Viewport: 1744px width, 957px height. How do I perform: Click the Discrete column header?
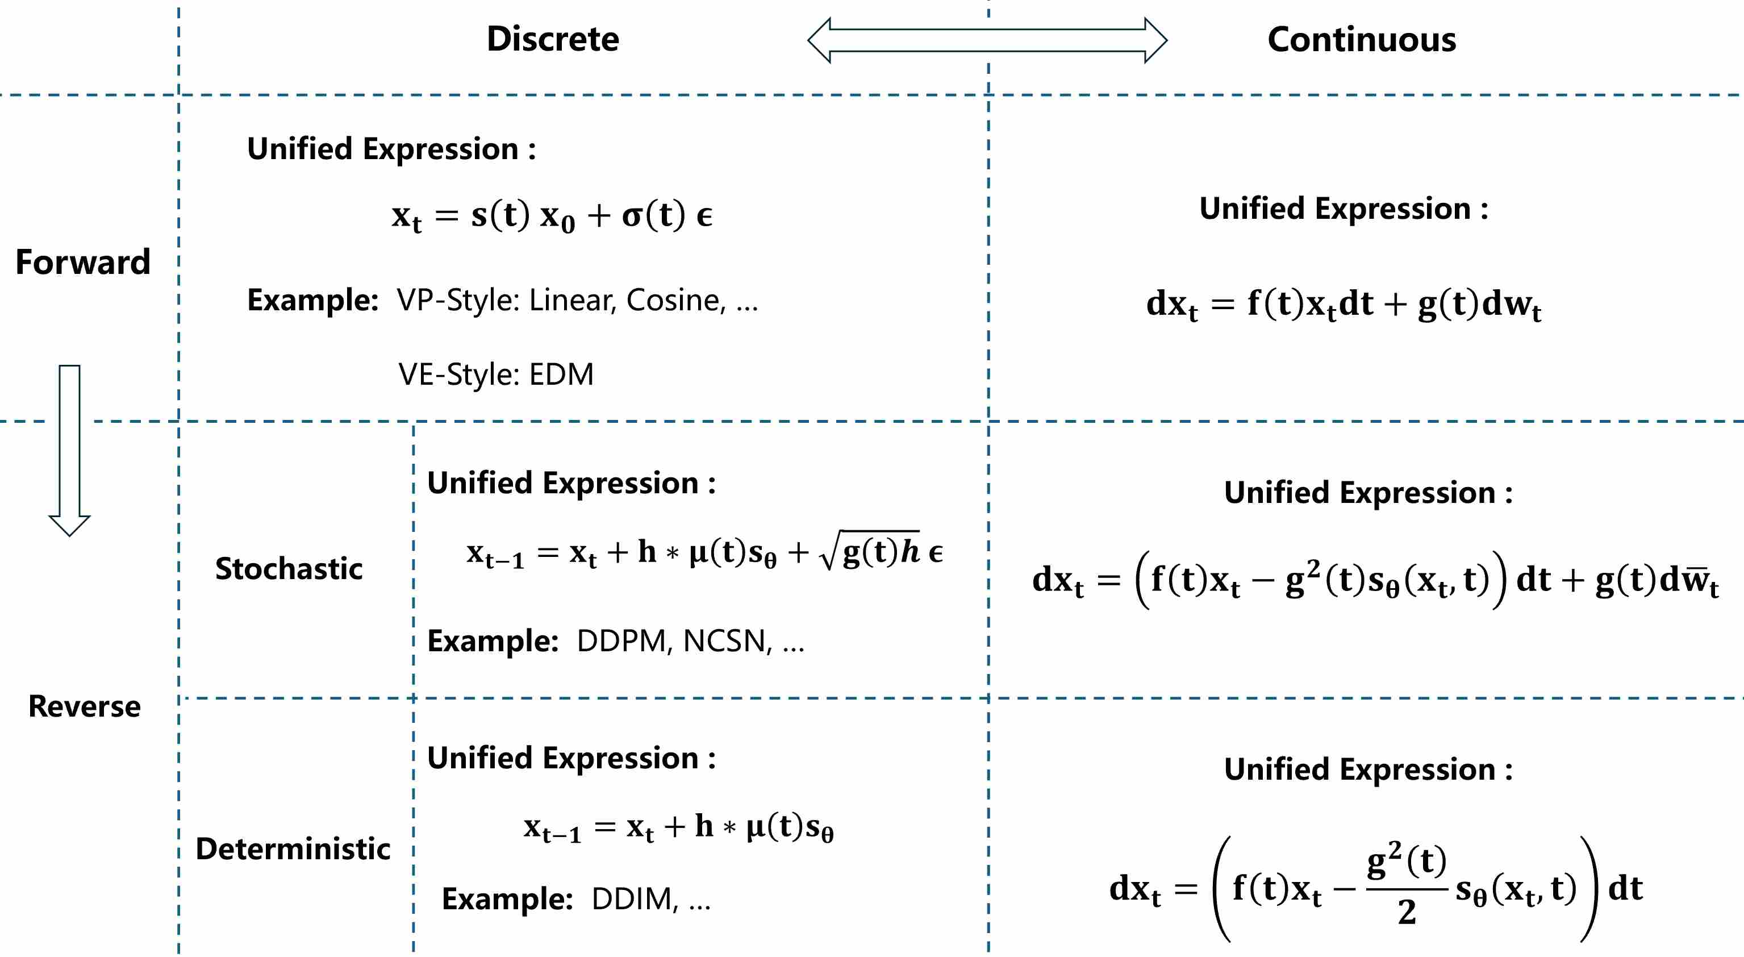[x=552, y=39]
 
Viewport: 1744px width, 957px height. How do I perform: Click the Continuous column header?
[x=1362, y=39]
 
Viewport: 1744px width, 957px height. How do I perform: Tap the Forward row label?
[x=82, y=262]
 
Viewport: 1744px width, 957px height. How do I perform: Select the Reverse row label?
[x=85, y=706]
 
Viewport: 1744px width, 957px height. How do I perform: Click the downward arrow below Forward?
[x=70, y=451]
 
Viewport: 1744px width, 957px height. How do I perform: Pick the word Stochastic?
[x=289, y=568]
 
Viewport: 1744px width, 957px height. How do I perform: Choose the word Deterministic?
[x=293, y=848]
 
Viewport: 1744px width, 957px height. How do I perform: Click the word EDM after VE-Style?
[x=561, y=375]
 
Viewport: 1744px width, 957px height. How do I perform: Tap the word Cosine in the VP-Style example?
[x=675, y=300]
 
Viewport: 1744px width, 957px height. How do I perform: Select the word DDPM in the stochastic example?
[x=621, y=640]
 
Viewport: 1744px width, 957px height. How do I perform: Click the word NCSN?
[x=727, y=640]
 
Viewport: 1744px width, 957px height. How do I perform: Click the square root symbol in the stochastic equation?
[x=830, y=552]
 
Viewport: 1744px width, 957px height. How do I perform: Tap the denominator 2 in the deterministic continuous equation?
[x=1407, y=912]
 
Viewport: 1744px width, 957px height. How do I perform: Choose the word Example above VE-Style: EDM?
[x=312, y=300]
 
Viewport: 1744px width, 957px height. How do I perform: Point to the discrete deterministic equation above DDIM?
[x=678, y=827]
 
